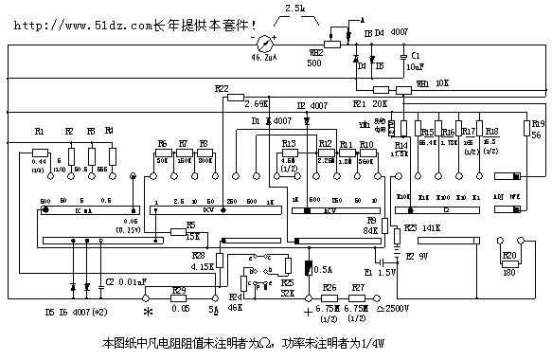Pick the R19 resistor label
point(537,123)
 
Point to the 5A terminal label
point(213,310)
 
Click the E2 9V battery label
point(417,255)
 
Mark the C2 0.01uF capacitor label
point(123,281)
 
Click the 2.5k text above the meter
point(295,9)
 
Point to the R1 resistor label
point(39,131)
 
